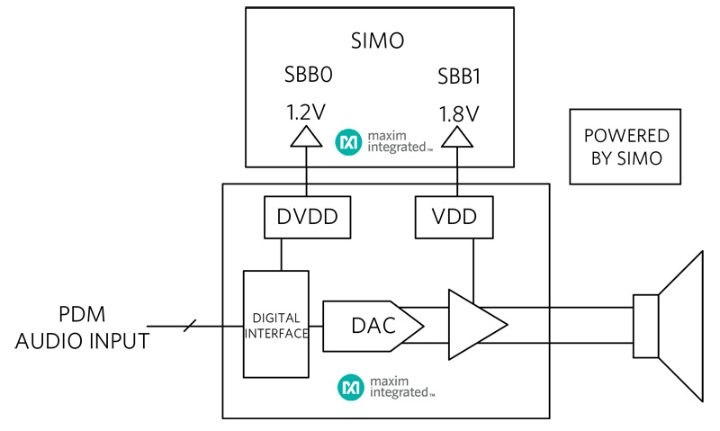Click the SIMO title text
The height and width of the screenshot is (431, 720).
379,41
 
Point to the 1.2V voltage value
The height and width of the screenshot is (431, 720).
307,113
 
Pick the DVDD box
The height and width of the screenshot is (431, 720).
307,218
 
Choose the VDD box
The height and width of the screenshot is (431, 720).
458,218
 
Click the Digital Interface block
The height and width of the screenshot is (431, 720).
276,324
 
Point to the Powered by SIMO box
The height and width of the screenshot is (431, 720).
626,147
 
